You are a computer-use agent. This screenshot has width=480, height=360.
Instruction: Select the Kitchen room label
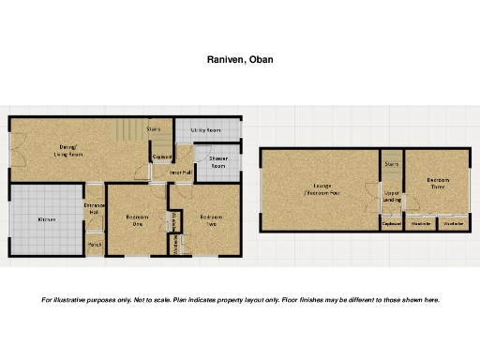point(47,219)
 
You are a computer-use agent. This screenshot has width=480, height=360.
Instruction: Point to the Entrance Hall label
point(94,209)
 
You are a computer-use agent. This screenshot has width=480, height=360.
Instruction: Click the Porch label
point(94,246)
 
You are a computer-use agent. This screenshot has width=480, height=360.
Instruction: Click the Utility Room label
point(205,130)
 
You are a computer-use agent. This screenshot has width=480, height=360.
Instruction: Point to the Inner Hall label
point(181,172)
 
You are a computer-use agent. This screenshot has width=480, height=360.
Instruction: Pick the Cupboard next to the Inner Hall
point(161,157)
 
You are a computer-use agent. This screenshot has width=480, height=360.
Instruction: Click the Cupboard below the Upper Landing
point(392,225)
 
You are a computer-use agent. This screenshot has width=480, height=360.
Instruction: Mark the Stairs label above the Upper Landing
point(392,163)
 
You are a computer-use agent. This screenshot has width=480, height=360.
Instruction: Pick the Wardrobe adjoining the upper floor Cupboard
point(421,225)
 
